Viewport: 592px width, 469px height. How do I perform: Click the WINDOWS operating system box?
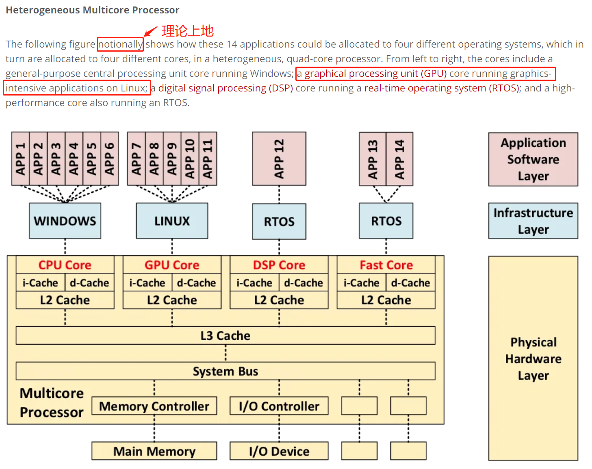click(x=65, y=221)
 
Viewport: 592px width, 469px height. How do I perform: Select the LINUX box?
click(x=172, y=221)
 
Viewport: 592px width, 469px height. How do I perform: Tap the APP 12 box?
click(x=279, y=159)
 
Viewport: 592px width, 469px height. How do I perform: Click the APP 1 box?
click(x=20, y=159)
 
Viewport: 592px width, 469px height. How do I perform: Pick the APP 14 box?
click(x=399, y=159)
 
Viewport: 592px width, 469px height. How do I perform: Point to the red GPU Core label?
click(x=172, y=265)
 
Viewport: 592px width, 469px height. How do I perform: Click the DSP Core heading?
click(x=279, y=265)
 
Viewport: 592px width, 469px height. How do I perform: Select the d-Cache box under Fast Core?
click(x=410, y=283)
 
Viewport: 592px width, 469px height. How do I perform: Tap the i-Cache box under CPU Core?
click(x=40, y=283)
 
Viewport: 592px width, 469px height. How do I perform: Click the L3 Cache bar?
click(x=225, y=336)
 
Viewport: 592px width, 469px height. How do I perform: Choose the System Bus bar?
click(x=225, y=371)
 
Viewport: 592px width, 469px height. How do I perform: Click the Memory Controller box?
click(x=154, y=406)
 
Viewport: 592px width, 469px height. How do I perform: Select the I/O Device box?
click(x=279, y=451)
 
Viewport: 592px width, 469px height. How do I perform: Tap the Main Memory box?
click(x=154, y=451)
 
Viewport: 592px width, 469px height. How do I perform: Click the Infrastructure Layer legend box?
click(x=533, y=221)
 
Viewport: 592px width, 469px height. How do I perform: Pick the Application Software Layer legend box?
click(x=533, y=159)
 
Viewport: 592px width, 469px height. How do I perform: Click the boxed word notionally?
click(x=120, y=44)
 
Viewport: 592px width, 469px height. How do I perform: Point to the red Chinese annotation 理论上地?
click(x=187, y=31)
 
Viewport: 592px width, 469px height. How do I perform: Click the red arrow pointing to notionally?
click(x=151, y=31)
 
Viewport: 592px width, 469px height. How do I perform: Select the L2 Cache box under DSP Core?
click(x=279, y=300)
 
